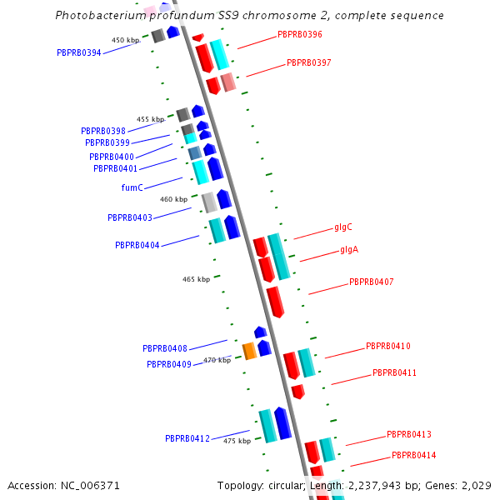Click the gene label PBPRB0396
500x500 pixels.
click(x=299, y=35)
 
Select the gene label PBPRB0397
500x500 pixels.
click(x=308, y=62)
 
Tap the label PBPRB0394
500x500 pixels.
click(x=79, y=52)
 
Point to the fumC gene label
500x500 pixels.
click(x=132, y=187)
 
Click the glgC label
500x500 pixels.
click(x=343, y=227)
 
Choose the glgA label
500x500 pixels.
click(x=349, y=250)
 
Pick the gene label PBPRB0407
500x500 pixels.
click(x=371, y=282)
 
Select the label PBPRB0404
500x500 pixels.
click(x=137, y=245)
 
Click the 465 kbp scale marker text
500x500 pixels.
click(x=196, y=279)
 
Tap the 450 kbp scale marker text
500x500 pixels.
click(x=126, y=40)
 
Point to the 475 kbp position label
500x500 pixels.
click(x=237, y=441)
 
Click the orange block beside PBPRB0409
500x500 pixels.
click(x=249, y=351)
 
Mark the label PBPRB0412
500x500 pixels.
click(x=187, y=438)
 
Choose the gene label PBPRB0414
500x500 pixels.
click(x=414, y=455)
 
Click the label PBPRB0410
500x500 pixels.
click(x=387, y=346)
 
